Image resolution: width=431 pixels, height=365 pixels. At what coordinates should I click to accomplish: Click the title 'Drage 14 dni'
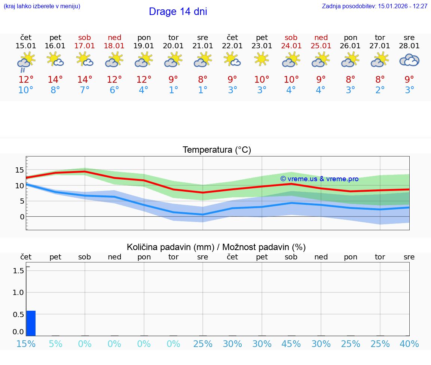(178, 12)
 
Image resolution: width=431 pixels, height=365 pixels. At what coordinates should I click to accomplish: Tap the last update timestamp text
(375, 6)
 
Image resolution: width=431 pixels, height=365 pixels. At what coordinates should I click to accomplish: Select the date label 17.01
(85, 46)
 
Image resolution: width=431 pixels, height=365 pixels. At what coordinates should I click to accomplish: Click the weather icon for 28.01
(409, 60)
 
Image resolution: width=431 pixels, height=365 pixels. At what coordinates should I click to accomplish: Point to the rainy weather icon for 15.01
(26, 61)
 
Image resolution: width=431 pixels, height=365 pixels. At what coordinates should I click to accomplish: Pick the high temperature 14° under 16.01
(55, 80)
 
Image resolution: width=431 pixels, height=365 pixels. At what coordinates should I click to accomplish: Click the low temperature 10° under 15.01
(26, 90)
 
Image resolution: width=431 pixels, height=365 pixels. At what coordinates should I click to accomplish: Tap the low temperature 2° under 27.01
(380, 90)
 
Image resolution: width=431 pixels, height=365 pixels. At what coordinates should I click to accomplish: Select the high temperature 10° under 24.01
(291, 80)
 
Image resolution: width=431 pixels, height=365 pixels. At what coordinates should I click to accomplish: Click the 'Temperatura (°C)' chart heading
(217, 150)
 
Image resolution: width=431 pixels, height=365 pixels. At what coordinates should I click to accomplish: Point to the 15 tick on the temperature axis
(19, 170)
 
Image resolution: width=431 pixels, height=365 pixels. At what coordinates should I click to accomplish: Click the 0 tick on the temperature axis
(22, 217)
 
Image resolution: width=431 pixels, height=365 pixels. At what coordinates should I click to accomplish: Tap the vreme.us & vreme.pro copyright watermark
(320, 179)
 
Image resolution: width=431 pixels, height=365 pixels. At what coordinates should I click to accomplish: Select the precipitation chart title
(216, 247)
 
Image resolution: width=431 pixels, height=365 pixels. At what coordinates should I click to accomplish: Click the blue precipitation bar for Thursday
(31, 323)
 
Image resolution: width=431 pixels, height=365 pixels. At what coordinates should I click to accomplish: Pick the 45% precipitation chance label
(291, 344)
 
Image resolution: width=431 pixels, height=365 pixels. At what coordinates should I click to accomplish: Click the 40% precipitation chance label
(409, 344)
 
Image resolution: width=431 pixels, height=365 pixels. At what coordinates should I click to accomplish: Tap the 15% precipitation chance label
(26, 344)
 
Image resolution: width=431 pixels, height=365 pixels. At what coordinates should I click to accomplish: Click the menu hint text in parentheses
(42, 6)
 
